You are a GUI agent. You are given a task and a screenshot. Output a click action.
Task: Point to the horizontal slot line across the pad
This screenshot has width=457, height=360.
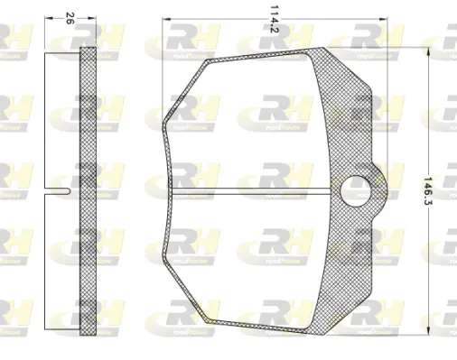pos(253,189)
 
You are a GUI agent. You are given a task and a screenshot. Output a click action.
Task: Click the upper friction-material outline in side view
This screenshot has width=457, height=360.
pos(63,117)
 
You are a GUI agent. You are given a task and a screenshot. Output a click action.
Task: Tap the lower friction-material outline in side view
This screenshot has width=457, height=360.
pos(63,262)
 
